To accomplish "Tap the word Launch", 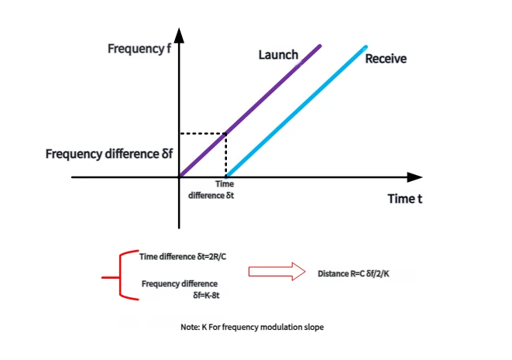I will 277,55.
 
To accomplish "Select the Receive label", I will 385,59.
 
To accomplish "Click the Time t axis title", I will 404,199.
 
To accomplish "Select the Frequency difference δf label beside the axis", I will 109,153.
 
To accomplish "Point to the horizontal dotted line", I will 203,133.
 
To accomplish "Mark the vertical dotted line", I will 226,155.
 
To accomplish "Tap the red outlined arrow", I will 277,272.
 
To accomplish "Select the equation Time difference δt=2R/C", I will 183,255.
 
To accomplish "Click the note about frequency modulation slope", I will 252,327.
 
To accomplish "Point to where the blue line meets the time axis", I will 226,177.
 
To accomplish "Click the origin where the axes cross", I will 180,177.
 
